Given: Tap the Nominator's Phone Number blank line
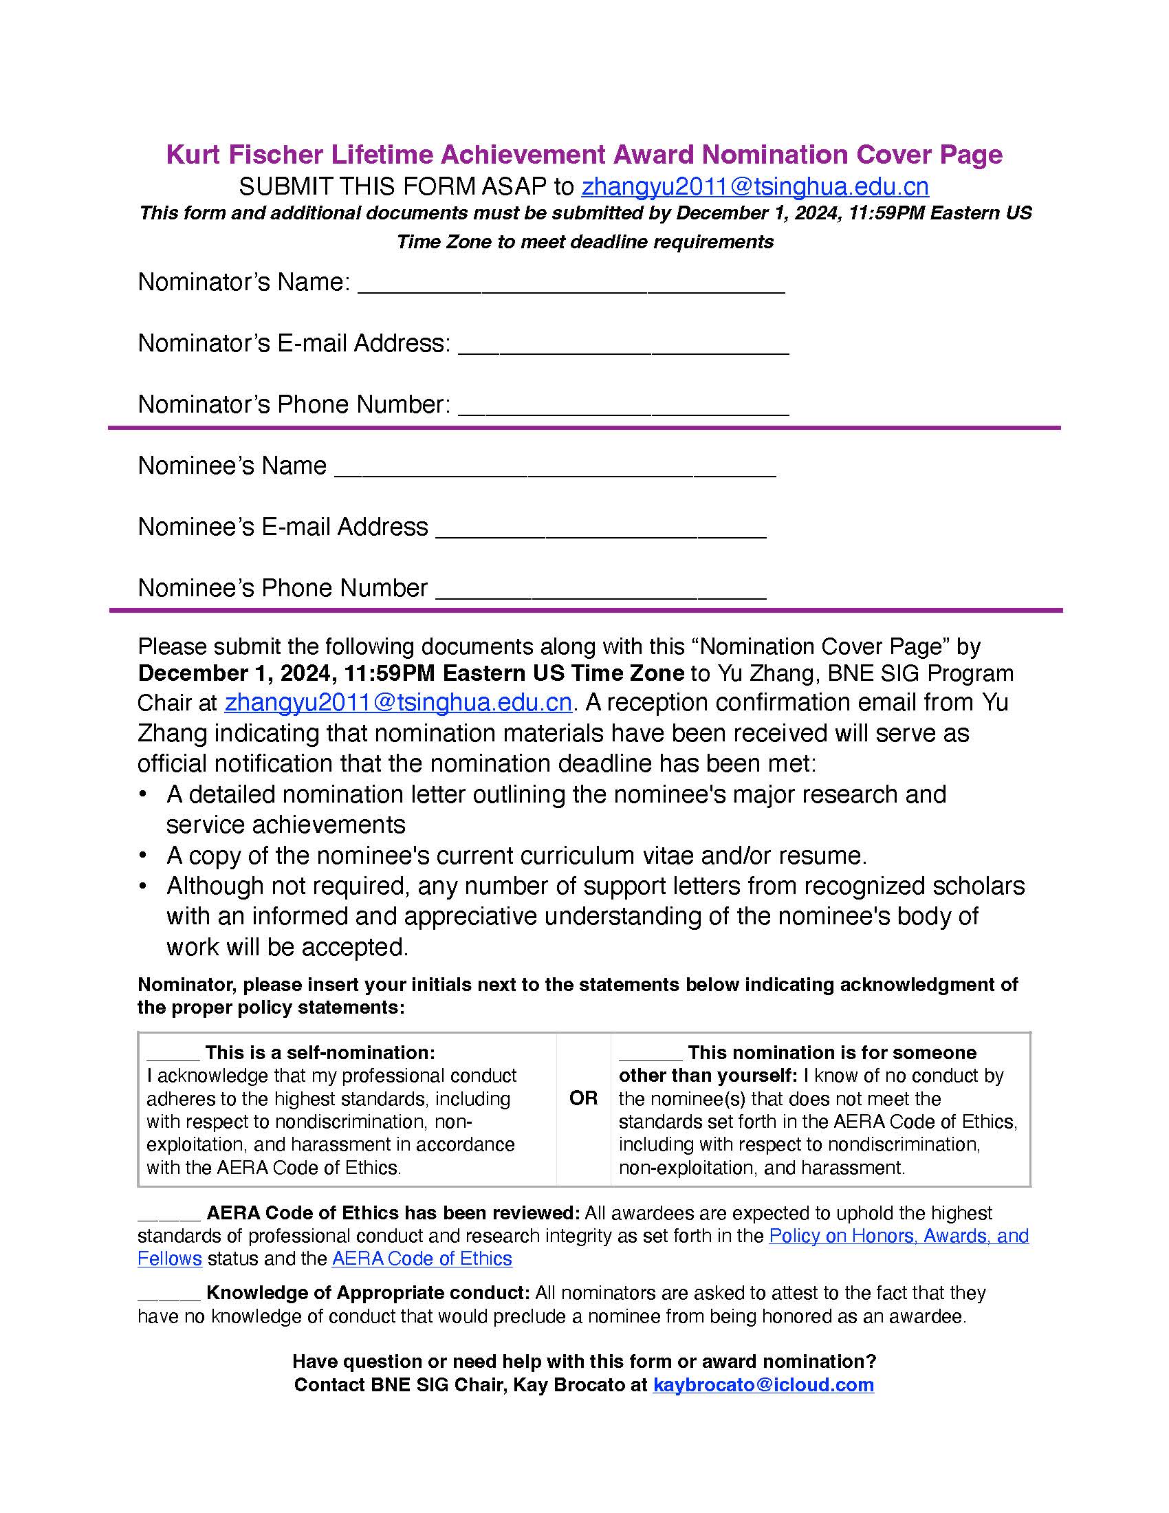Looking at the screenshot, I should click(623, 407).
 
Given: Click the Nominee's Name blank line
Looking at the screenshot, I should click(555, 469).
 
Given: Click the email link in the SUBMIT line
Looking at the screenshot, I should click(755, 187).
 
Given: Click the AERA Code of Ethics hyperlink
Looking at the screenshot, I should click(422, 1258).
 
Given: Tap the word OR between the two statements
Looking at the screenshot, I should click(583, 1098).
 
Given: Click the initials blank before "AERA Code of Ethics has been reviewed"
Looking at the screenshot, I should click(169, 1215).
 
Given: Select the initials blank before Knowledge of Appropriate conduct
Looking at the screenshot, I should click(169, 1294).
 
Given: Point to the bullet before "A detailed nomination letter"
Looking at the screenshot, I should click(142, 794).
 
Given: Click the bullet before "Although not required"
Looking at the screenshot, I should click(142, 886).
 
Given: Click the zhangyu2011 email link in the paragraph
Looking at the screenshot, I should click(398, 702).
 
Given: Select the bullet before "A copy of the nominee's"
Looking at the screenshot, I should click(142, 856).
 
